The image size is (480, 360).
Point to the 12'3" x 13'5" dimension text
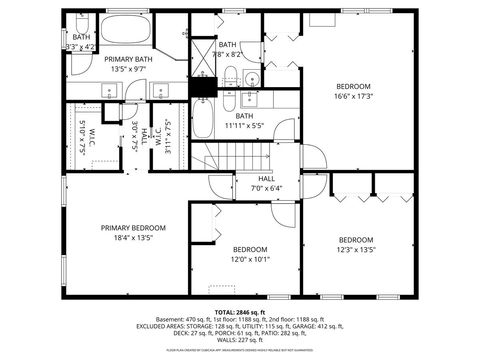tap(355, 250)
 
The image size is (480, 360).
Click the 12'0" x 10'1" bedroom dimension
tap(250, 259)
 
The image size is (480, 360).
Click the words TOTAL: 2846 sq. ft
tap(240, 311)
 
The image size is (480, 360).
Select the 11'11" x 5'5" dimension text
tap(244, 126)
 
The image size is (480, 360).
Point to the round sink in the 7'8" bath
tap(251, 79)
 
